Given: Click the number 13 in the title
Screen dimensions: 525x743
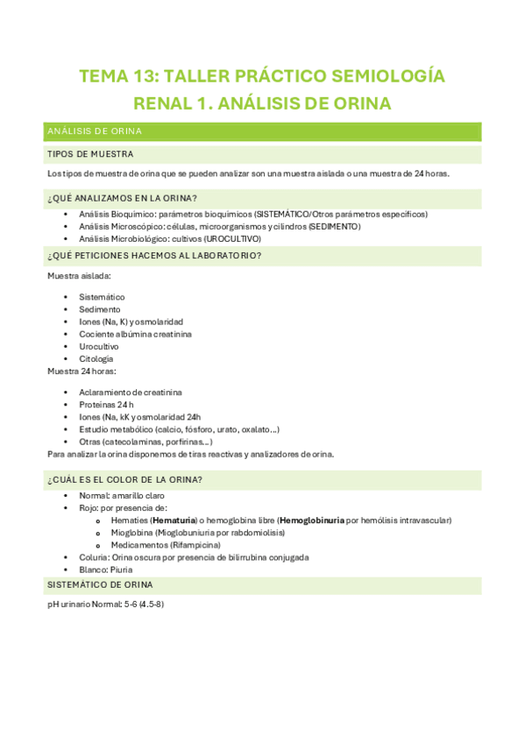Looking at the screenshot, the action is click(x=147, y=76).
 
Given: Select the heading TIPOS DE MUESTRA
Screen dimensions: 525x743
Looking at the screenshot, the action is click(x=89, y=153).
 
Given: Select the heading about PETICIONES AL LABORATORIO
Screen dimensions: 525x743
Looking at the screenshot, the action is click(x=153, y=256).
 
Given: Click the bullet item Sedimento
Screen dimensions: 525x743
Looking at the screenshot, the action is click(x=100, y=309).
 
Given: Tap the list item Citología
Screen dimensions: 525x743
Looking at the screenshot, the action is click(x=96, y=358).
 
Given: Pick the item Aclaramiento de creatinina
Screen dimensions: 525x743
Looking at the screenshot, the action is click(x=124, y=393).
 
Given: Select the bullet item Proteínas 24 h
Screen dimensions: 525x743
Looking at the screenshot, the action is click(x=106, y=405).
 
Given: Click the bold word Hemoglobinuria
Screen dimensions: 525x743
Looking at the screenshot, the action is click(x=312, y=520).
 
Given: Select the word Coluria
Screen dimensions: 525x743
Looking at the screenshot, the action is click(x=93, y=557).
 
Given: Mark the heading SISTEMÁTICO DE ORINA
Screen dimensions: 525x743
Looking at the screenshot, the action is click(x=100, y=584).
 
